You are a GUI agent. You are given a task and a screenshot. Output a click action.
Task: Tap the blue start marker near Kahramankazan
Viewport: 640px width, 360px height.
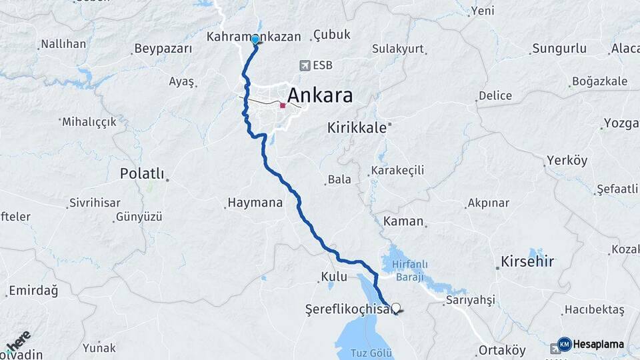click(255, 39)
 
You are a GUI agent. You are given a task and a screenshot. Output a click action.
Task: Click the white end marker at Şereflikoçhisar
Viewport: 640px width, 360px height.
click(397, 308)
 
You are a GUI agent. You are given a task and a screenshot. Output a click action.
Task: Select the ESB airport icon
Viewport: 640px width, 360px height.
click(305, 65)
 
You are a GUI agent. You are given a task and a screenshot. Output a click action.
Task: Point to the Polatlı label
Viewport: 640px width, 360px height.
click(141, 173)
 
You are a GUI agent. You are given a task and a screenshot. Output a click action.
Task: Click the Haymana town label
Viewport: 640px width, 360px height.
click(255, 202)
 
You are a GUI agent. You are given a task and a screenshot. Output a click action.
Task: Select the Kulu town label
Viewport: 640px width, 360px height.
click(335, 276)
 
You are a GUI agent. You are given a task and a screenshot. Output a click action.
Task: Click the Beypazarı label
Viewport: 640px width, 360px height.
click(163, 49)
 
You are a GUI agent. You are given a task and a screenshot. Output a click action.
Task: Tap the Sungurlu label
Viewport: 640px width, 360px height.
click(558, 49)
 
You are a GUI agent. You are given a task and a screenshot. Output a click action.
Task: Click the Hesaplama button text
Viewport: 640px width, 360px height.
click(599, 345)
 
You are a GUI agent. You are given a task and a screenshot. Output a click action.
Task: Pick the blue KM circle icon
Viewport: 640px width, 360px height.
click(564, 344)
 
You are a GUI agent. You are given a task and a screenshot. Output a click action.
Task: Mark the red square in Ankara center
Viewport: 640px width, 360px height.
click(283, 105)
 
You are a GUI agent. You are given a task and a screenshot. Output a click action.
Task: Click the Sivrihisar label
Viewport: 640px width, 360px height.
click(97, 202)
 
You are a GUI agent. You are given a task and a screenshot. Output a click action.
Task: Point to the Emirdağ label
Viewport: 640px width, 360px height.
click(34, 291)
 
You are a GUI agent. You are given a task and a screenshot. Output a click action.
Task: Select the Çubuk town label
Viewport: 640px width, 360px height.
click(332, 35)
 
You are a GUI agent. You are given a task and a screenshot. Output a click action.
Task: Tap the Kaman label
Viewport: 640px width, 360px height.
click(404, 221)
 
